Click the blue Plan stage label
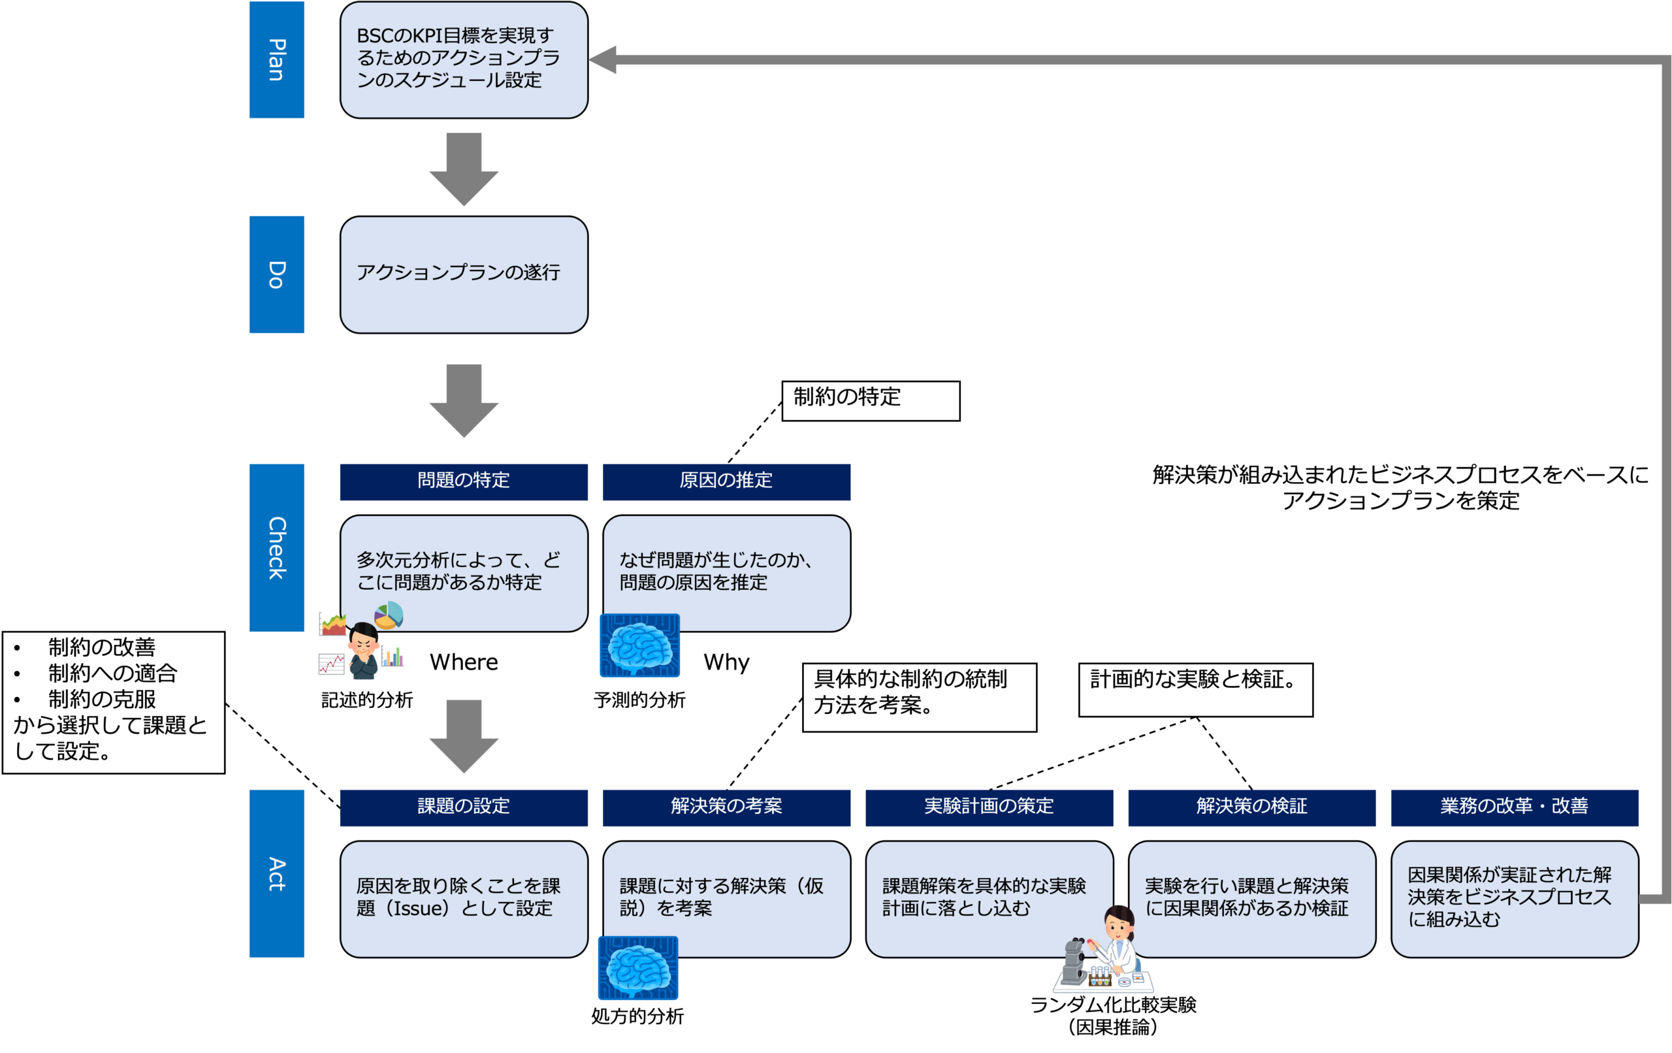[276, 59]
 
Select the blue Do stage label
[276, 274]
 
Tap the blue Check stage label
[276, 547]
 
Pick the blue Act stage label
[276, 873]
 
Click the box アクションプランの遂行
[464, 274]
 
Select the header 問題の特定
[463, 481]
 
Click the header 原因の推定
[726, 481]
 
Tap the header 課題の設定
[463, 807]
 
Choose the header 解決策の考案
[726, 807]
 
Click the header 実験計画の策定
[989, 807]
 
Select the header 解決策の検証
[1251, 807]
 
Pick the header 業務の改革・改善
[1515, 807]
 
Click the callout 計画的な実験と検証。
[1195, 688]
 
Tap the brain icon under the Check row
[639, 645]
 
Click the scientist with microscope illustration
[1104, 952]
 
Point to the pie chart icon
[389, 615]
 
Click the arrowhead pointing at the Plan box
[603, 59]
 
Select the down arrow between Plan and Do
[464, 168]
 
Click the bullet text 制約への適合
[112, 673]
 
